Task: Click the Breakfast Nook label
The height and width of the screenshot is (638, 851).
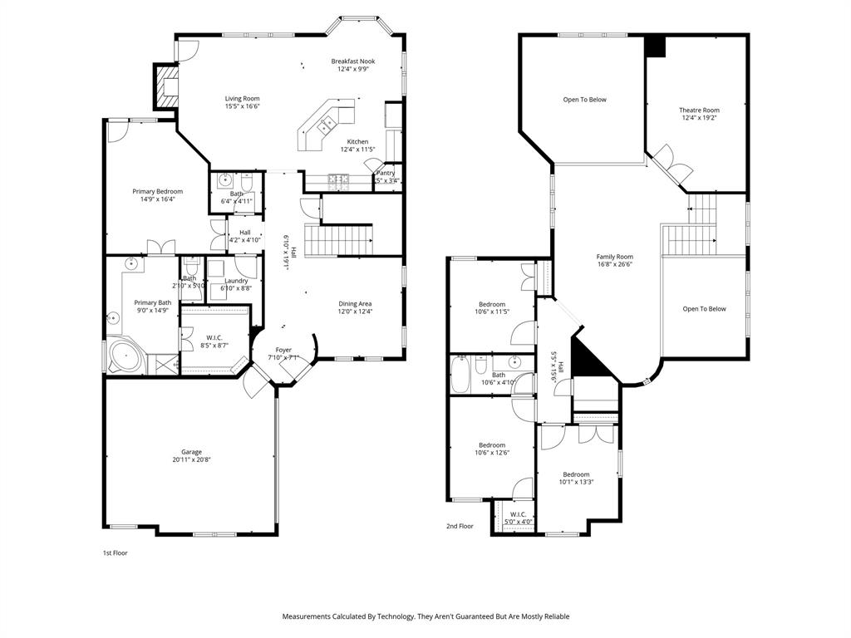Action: click(353, 61)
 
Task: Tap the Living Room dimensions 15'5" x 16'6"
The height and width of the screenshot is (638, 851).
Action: click(242, 106)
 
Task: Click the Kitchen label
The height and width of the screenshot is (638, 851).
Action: click(357, 142)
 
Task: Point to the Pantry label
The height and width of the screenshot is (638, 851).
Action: click(386, 173)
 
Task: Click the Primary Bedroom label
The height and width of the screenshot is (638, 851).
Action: click(157, 192)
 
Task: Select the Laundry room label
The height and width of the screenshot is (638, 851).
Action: click(236, 281)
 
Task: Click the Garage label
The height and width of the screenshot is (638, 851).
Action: click(192, 452)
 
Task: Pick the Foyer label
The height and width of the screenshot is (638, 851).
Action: click(283, 351)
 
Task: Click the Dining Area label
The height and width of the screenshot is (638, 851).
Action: click(355, 303)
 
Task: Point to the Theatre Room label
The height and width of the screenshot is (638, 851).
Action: click(699, 110)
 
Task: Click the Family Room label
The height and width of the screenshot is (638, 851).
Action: click(615, 257)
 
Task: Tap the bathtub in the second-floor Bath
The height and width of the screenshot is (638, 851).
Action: click(460, 374)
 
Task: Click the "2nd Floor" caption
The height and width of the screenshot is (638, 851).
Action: click(460, 526)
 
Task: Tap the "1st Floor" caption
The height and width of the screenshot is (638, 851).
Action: click(115, 552)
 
